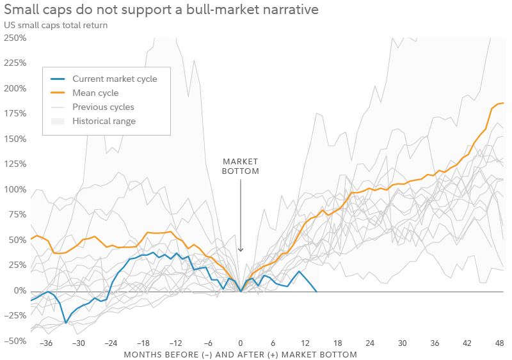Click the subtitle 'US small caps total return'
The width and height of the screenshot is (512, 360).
pyautogui.click(x=56, y=25)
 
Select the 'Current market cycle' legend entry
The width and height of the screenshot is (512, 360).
pyautogui.click(x=115, y=79)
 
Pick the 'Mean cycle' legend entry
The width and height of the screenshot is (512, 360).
pyautogui.click(x=95, y=93)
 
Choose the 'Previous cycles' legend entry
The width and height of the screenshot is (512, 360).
pyautogui.click(x=103, y=107)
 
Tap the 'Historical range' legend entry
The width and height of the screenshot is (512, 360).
pyautogui.click(x=104, y=121)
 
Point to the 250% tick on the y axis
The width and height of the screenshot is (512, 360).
pyautogui.click(x=14, y=38)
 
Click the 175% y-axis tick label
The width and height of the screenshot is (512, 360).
pyautogui.click(x=14, y=113)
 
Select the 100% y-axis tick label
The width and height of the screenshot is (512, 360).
pyautogui.click(x=14, y=189)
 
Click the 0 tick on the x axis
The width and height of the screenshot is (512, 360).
pyautogui.click(x=241, y=343)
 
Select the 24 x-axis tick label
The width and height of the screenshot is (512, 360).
pyautogui.click(x=371, y=343)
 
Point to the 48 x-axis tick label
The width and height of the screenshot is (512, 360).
pyautogui.click(x=500, y=343)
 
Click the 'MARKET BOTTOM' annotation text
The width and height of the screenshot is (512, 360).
pyautogui.click(x=241, y=166)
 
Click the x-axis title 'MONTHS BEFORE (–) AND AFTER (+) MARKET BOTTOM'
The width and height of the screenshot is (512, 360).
pyautogui.click(x=240, y=354)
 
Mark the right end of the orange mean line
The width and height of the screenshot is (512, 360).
pyautogui.click(x=503, y=103)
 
